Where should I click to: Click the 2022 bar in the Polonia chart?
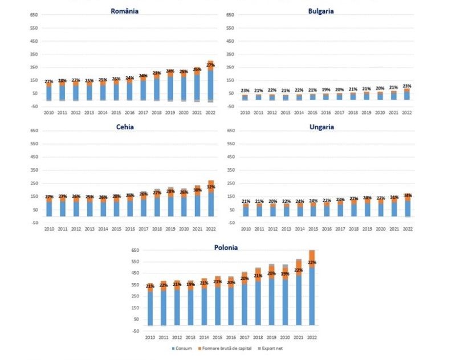point(312,291)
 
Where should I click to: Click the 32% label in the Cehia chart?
point(211,187)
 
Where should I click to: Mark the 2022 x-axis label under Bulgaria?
point(406,112)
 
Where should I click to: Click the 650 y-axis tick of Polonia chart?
point(136,250)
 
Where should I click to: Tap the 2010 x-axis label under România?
point(50,112)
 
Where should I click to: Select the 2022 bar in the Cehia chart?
point(211,199)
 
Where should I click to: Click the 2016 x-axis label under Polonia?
point(231,338)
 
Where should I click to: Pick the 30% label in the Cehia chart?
point(198,190)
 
